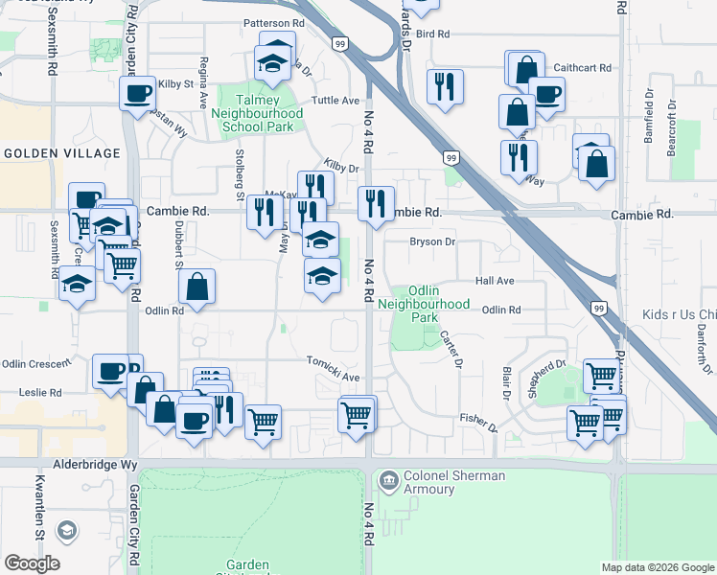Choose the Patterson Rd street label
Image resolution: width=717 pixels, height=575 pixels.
pyautogui.click(x=273, y=22)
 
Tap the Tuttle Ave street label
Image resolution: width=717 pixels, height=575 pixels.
pyautogui.click(x=335, y=101)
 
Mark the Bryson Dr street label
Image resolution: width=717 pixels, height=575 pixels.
pyautogui.click(x=432, y=242)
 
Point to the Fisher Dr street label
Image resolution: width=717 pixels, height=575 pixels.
pyautogui.click(x=477, y=419)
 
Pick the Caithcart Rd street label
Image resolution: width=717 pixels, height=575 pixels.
pyautogui.click(x=583, y=68)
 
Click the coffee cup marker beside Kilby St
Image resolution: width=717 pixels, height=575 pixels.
pyautogui.click(x=137, y=93)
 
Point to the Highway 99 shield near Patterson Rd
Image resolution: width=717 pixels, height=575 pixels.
pyautogui.click(x=340, y=44)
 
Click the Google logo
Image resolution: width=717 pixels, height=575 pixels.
pyautogui.click(x=31, y=563)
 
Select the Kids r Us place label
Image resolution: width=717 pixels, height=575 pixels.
pyautogui.click(x=679, y=315)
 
